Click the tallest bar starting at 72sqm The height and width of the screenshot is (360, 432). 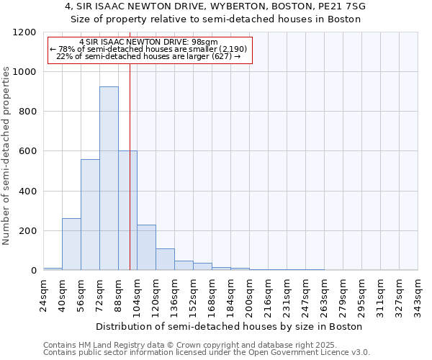pos(109,179)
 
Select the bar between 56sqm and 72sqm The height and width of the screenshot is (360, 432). pos(90,215)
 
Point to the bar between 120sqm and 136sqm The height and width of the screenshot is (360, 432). pos(165,259)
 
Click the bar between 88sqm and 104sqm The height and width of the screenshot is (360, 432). pos(127,210)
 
